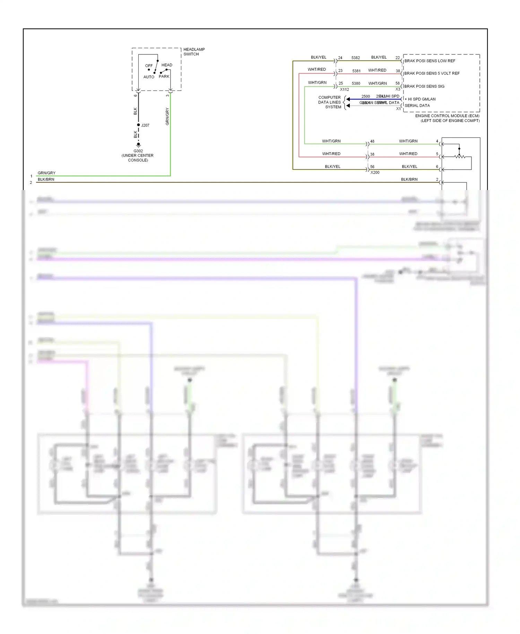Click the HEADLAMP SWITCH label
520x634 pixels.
[194, 52]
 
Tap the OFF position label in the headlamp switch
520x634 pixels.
[149, 66]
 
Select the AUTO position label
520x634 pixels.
[149, 77]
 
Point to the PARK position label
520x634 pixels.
[164, 76]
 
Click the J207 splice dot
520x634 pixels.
[138, 125]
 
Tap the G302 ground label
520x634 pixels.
[138, 151]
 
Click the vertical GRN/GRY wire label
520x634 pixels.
[167, 117]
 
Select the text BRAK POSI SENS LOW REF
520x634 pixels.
[430, 61]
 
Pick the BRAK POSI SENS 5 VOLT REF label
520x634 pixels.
[432, 74]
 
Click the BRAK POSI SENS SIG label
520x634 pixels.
[424, 86]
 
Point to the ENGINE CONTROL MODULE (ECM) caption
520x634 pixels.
[447, 116]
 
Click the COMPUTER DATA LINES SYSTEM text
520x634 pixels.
[330, 102]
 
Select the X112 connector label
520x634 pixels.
[344, 89]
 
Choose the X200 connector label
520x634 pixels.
[375, 172]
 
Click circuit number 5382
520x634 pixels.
[355, 58]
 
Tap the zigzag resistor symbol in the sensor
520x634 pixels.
[460, 157]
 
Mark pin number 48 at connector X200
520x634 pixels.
[372, 142]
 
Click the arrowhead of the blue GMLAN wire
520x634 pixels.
[348, 99]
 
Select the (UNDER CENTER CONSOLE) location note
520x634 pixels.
[138, 158]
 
